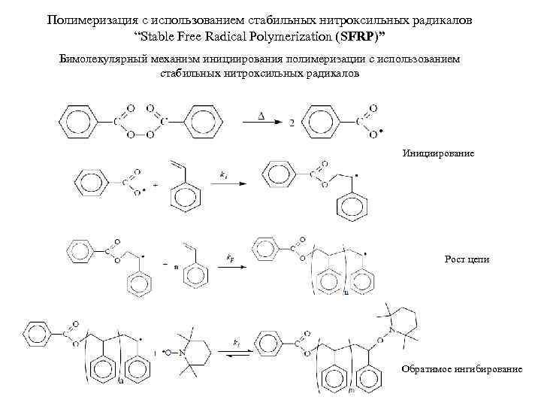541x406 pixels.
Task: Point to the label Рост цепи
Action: point(467,259)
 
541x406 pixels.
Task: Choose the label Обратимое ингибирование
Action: point(461,369)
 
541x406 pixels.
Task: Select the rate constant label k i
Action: point(224,173)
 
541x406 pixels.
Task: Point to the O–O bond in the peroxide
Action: point(141,136)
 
